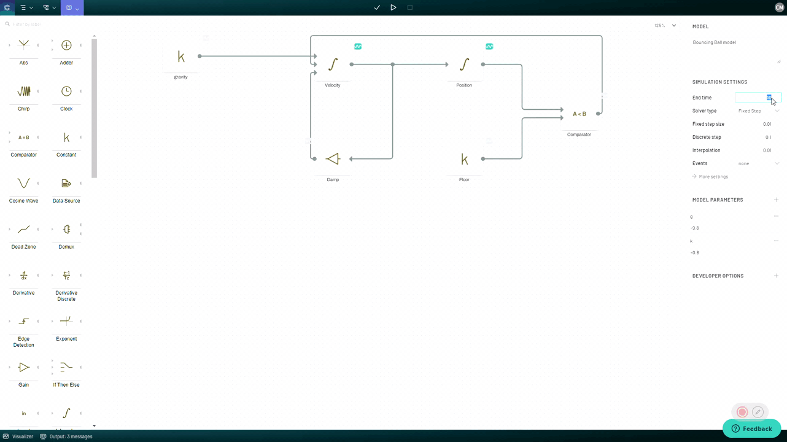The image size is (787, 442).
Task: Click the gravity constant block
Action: (180, 56)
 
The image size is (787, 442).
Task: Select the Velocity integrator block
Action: (333, 64)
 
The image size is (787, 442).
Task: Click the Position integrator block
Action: (464, 64)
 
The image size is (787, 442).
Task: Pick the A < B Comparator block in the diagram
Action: (579, 114)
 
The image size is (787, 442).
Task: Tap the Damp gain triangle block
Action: (333, 159)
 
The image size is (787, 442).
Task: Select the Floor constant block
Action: (464, 160)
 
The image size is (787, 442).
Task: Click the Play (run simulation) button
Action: (393, 7)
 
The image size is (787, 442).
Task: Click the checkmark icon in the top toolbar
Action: (377, 7)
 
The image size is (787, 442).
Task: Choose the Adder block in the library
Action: (66, 45)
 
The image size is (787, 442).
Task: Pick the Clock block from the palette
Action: (66, 91)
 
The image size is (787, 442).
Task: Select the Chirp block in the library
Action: (23, 91)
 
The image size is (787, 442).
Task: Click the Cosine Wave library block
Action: (23, 184)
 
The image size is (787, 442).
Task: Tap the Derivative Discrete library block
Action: (66, 276)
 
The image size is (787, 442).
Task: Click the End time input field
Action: (758, 98)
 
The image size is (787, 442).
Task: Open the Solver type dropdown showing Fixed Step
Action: (758, 111)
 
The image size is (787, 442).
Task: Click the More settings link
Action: (713, 177)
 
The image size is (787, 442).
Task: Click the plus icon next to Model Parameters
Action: (776, 200)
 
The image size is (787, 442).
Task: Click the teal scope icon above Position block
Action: (489, 47)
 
